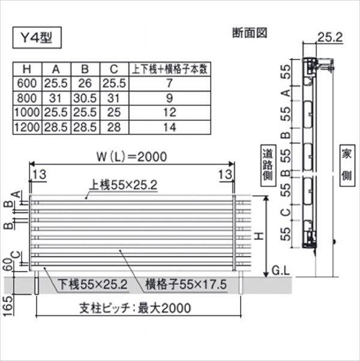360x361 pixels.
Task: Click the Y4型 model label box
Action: [x=37, y=40]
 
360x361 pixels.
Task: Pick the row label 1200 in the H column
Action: [x=28, y=126]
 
